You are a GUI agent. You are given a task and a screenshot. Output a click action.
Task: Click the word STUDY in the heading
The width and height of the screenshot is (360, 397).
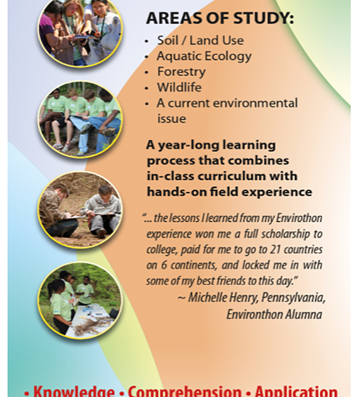[x=263, y=18]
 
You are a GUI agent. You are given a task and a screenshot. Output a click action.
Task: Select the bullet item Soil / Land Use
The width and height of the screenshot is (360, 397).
[x=200, y=40]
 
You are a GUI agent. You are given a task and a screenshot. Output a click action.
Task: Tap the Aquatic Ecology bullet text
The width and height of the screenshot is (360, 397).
[x=204, y=56]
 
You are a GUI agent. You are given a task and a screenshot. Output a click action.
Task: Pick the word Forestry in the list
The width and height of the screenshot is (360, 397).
[x=181, y=72]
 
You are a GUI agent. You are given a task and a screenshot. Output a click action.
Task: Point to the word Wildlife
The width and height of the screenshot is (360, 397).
[x=179, y=87]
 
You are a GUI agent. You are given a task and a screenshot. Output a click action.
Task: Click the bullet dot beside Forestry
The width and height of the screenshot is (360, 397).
[x=146, y=72]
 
